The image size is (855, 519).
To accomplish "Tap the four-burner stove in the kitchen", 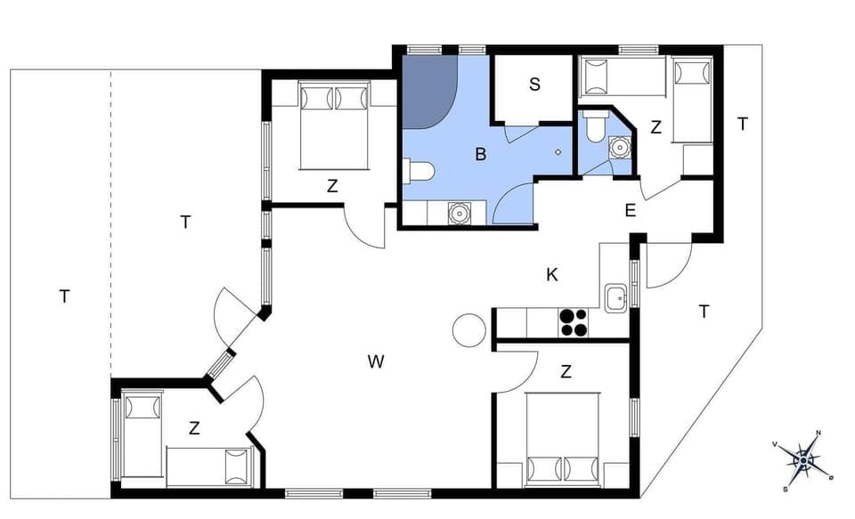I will [x=574, y=322].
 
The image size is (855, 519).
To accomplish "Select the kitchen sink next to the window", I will [x=615, y=299].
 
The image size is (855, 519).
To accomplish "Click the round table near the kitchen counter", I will [x=468, y=331].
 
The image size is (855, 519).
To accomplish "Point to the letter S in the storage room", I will [x=534, y=85].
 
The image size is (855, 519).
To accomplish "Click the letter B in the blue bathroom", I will [x=480, y=155].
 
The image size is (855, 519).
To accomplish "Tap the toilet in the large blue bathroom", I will [x=419, y=170].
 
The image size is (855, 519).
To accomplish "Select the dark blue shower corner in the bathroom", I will [x=426, y=90].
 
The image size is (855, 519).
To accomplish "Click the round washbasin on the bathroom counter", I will [x=459, y=213].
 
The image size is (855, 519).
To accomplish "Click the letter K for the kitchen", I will [x=552, y=275].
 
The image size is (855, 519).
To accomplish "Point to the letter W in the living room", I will [x=376, y=361].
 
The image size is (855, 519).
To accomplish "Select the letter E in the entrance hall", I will [x=630, y=211].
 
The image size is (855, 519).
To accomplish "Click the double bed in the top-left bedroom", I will [x=334, y=125].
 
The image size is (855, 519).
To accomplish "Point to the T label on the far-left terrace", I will [x=64, y=296].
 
